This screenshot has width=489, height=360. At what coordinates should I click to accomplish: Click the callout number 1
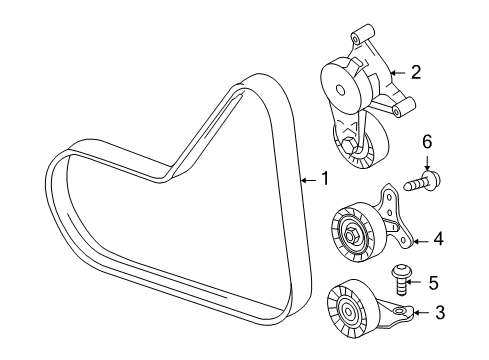click(x=324, y=178)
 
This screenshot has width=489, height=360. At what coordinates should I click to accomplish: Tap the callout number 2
click(x=416, y=72)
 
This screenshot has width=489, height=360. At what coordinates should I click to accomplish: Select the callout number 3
click(x=440, y=312)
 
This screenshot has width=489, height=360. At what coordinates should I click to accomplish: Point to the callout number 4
click(x=439, y=239)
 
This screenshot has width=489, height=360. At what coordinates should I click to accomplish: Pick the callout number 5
click(x=433, y=283)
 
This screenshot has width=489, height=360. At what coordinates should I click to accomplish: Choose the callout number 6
click(x=427, y=142)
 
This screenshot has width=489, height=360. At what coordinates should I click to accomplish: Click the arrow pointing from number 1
click(x=308, y=180)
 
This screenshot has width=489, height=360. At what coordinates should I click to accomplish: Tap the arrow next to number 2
click(x=398, y=72)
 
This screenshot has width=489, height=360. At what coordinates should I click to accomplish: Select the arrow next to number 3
click(x=421, y=312)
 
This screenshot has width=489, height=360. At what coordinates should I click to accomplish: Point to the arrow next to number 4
click(x=421, y=241)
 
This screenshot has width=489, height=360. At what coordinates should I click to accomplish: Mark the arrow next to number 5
click(x=415, y=283)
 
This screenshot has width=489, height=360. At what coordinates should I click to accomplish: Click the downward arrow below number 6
click(x=427, y=162)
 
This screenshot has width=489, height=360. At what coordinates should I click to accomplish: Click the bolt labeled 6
click(x=422, y=180)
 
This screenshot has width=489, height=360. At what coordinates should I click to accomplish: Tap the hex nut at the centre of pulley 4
click(x=350, y=235)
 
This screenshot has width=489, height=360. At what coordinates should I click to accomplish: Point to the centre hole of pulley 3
click(x=348, y=312)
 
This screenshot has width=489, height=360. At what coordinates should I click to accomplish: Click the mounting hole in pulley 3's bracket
click(x=399, y=311)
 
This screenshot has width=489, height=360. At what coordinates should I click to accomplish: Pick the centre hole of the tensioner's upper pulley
click(x=340, y=89)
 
